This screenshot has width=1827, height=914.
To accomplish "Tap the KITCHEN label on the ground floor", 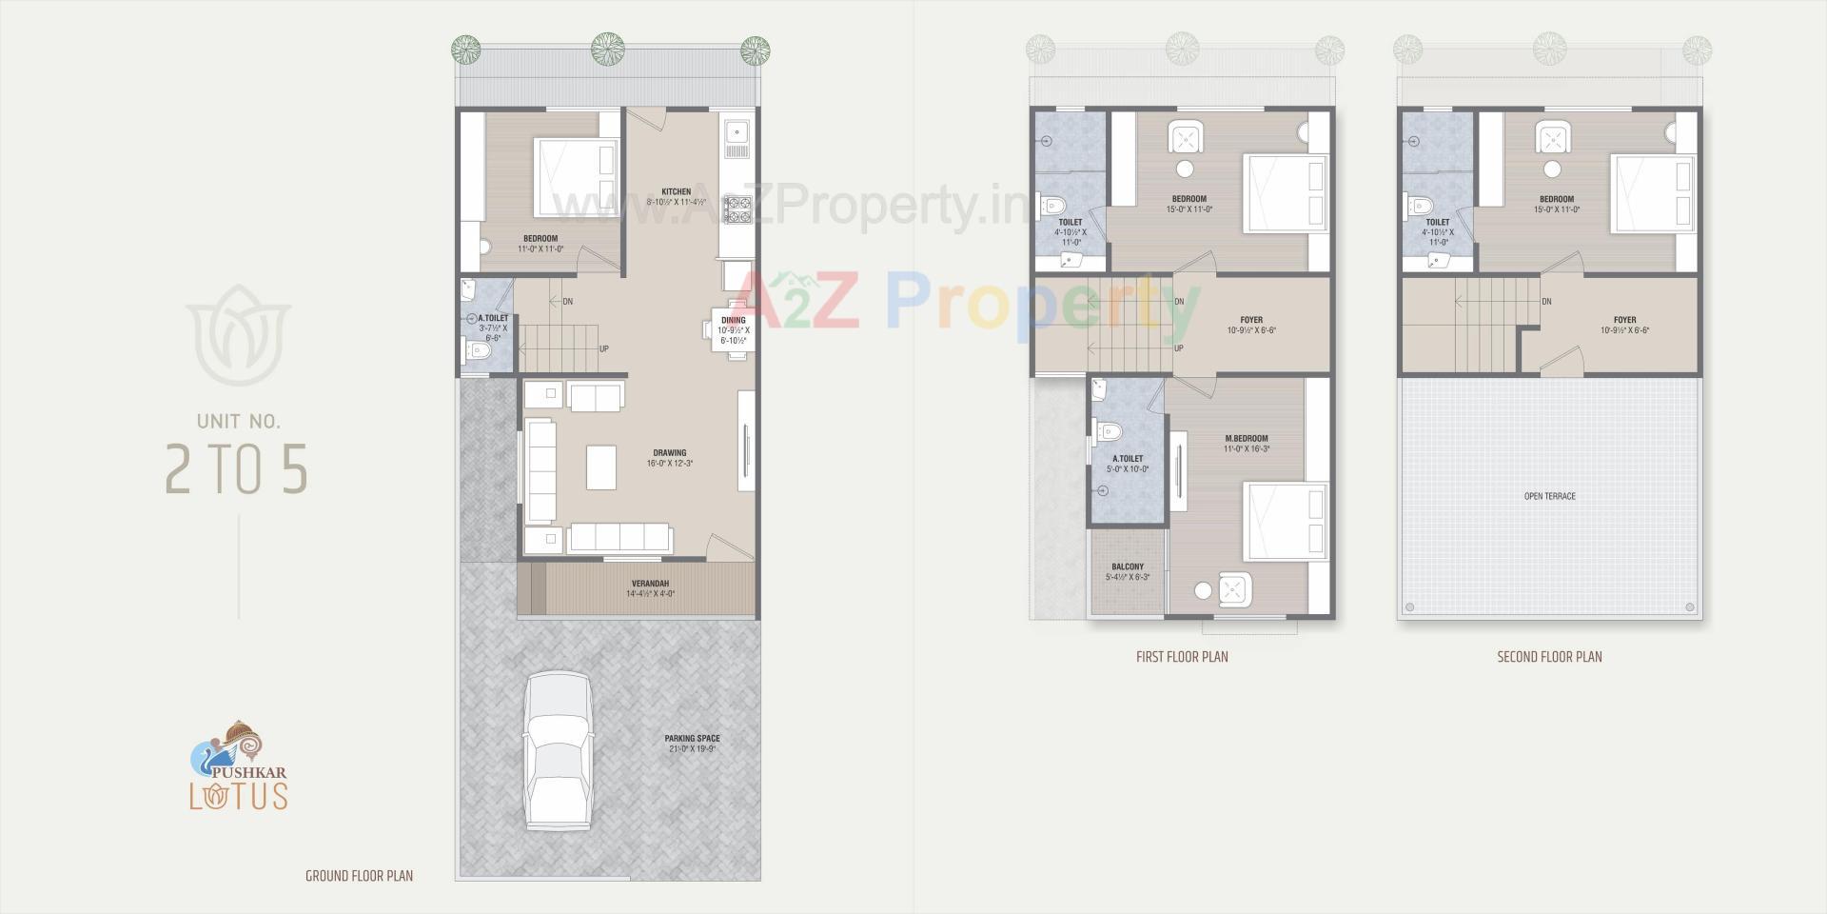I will tap(677, 192).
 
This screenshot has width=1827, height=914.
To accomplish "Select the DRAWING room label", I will tap(670, 453).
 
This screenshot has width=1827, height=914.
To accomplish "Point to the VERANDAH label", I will tap(650, 584).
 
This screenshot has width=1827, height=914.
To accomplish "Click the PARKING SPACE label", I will tap(692, 739).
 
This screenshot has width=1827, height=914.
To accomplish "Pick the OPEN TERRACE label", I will tap(1549, 496).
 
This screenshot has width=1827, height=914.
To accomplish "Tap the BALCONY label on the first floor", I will tap(1128, 567).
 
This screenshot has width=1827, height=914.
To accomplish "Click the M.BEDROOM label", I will tap(1247, 439).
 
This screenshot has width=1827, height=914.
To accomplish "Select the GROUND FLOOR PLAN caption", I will tap(359, 876).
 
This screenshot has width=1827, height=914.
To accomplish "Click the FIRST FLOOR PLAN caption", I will tap(1182, 657).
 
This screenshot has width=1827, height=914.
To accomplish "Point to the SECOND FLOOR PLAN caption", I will tap(1549, 657).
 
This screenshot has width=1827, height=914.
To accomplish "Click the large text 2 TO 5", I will tap(237, 467).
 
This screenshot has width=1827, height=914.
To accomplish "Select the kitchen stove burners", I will tap(737, 209).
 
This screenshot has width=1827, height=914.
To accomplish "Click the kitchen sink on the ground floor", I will tap(737, 139).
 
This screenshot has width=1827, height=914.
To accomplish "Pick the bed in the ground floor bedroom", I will tap(577, 177).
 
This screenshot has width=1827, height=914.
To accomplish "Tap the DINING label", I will tap(734, 321).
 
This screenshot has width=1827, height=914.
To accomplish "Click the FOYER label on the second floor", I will tap(1624, 321).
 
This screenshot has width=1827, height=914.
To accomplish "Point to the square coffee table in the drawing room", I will tap(601, 467).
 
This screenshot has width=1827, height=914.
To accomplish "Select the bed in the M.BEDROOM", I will tap(1286, 522).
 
